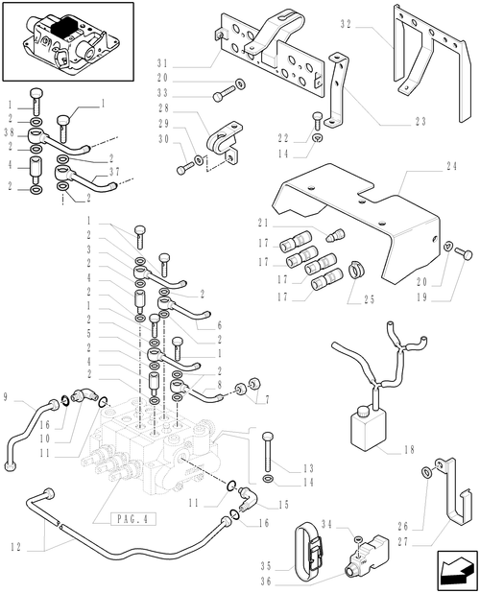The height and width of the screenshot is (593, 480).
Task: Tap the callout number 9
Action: [x=8, y=396]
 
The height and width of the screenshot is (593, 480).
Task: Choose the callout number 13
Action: [x=281, y=467]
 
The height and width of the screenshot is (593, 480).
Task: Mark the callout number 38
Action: [x=8, y=133]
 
